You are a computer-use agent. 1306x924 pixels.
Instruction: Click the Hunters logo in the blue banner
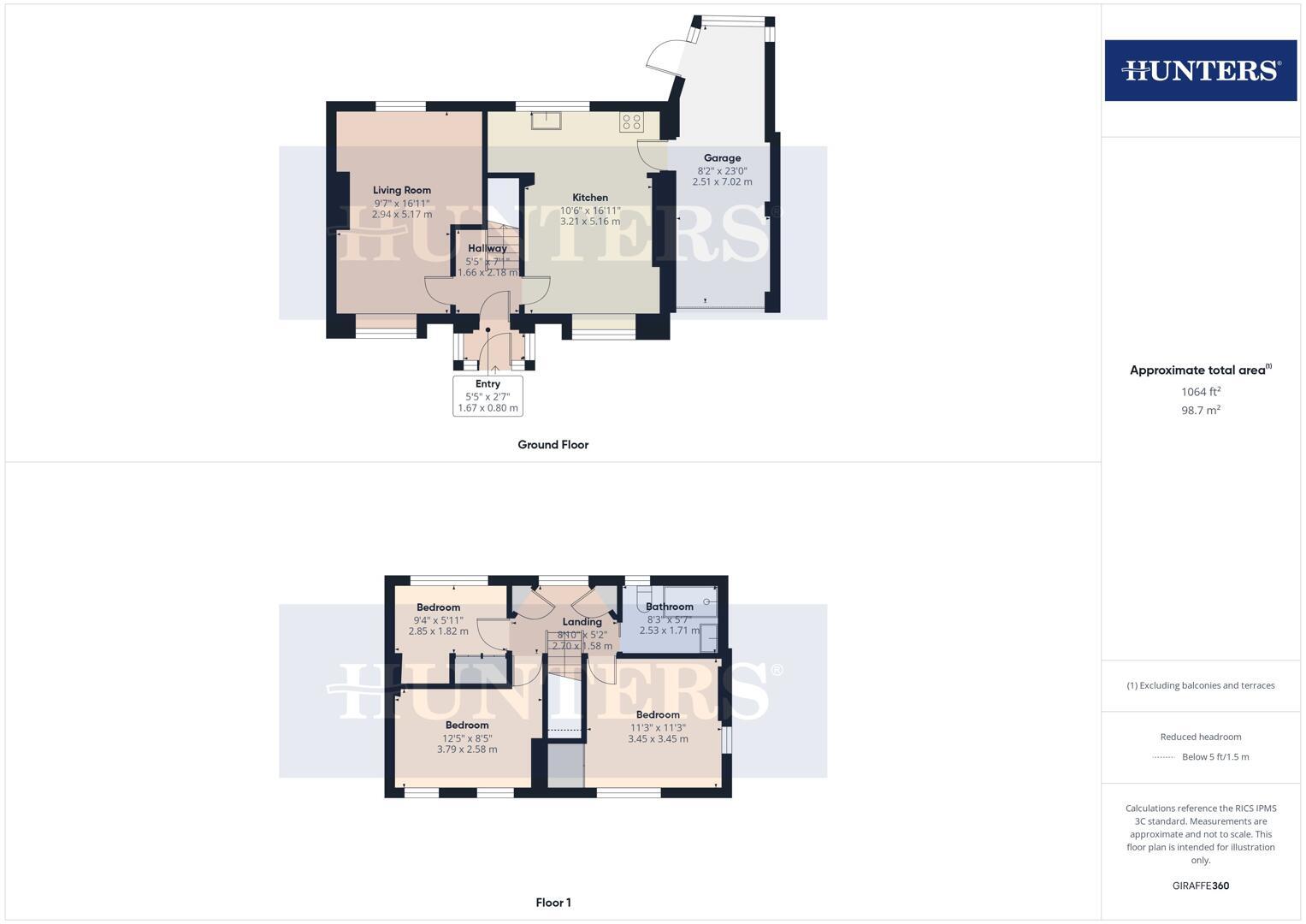click(1200, 70)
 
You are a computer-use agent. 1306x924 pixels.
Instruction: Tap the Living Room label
click(402, 190)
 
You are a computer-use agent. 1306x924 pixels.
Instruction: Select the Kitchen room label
click(590, 198)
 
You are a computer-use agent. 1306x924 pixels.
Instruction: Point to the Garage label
click(722, 158)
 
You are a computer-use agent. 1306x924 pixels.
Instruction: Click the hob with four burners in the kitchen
click(631, 122)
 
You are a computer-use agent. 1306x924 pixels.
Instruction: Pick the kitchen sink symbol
click(546, 121)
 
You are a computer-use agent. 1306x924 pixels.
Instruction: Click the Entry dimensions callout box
click(488, 396)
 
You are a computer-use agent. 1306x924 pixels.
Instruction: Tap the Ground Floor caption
click(553, 445)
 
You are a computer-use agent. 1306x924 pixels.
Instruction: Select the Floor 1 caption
click(553, 903)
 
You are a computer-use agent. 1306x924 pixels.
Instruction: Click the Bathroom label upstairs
click(669, 607)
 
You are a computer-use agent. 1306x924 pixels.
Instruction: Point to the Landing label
click(582, 622)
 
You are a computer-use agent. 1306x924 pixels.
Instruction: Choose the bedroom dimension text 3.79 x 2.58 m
click(467, 749)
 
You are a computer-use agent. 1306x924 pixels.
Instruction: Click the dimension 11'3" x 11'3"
click(658, 728)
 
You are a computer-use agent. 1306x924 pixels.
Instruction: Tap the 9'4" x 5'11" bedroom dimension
click(438, 620)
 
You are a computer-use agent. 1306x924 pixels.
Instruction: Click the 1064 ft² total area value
click(1200, 392)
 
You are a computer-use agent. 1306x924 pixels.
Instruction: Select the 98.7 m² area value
click(1200, 411)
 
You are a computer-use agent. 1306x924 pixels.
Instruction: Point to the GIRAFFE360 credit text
click(1200, 885)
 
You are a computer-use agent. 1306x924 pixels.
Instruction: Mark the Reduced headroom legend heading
click(1200, 737)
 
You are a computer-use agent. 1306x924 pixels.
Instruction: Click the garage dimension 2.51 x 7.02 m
click(722, 182)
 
